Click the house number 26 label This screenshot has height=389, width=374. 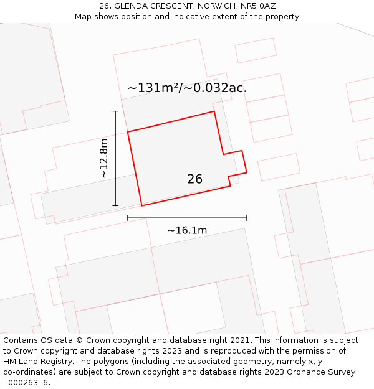click(194, 179)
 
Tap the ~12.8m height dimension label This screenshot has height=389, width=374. click(103, 158)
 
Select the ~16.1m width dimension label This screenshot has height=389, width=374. click(187, 230)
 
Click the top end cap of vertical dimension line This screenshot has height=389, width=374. click(115, 111)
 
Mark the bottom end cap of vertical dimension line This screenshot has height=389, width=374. click(115, 205)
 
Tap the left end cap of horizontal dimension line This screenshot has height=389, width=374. click(128, 218)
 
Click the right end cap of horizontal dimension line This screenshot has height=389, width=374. click(247, 218)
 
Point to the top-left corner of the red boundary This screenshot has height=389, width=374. click(128, 132)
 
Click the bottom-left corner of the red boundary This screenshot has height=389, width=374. click(141, 205)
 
